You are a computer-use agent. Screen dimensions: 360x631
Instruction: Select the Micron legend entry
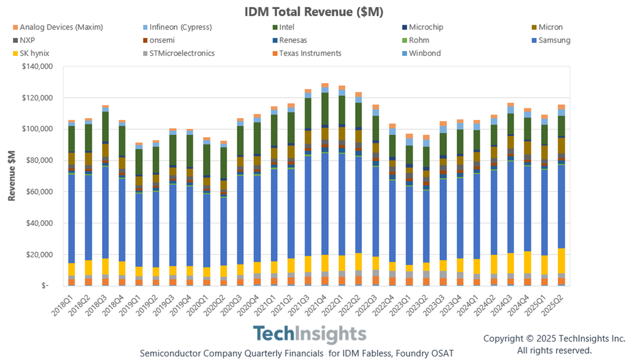551,27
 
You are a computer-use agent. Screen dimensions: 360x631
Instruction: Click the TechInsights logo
309,335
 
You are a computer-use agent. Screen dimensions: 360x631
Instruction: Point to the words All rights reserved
554,350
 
